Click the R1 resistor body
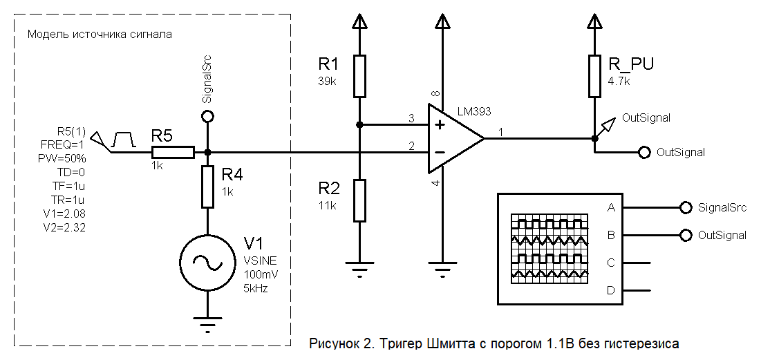pos(359,76)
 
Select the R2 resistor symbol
pos(359,200)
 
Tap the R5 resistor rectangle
pos(173,152)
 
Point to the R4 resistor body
pos(208,187)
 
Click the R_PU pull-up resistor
pos(594,76)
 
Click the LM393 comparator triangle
pos(453,138)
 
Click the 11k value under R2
pos(328,205)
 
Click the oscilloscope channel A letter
pos(611,207)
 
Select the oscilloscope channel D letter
pos(611,290)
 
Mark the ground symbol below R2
pos(359,269)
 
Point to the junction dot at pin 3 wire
pos(359,125)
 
